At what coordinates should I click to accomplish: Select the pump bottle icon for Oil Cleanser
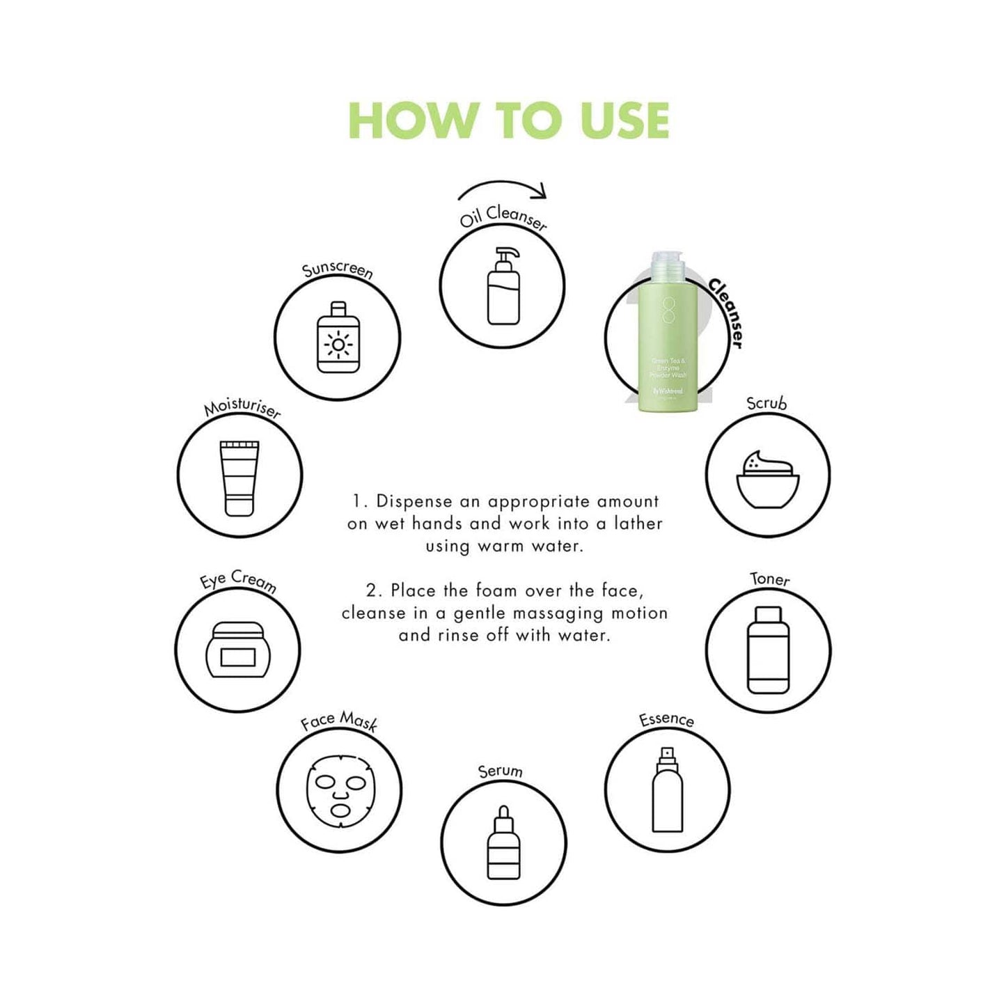(503, 287)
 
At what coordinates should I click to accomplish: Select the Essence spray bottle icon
(667, 790)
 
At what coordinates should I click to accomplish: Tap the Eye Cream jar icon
(237, 650)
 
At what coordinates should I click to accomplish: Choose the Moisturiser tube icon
(239, 478)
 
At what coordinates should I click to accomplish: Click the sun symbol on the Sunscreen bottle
(338, 345)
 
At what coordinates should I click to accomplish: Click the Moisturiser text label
(242, 409)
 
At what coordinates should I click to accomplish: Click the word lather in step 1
(638, 524)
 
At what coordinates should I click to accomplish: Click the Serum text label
(500, 771)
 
